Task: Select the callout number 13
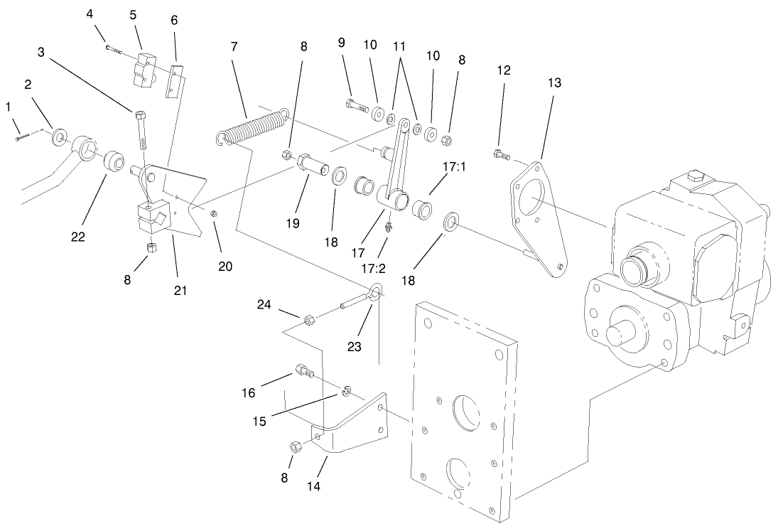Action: [x=554, y=82]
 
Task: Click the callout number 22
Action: [x=78, y=237]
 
